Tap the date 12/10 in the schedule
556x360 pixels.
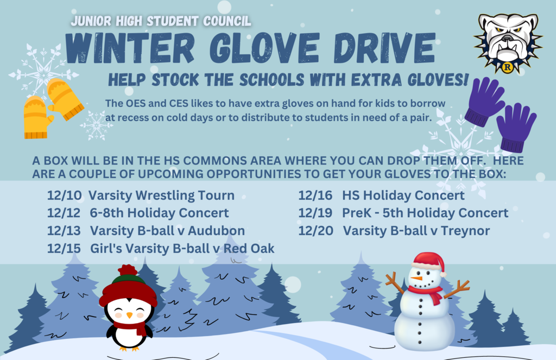click(x=65, y=195)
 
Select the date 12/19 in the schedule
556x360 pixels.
click(x=315, y=213)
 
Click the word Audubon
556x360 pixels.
click(x=216, y=231)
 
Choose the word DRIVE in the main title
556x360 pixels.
click(x=384, y=48)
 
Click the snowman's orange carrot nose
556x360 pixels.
click(x=416, y=279)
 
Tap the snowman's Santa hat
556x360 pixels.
click(x=429, y=262)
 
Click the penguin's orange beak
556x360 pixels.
click(x=129, y=315)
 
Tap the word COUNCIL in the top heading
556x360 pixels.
click(x=227, y=21)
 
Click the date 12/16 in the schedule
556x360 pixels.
click(x=315, y=195)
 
